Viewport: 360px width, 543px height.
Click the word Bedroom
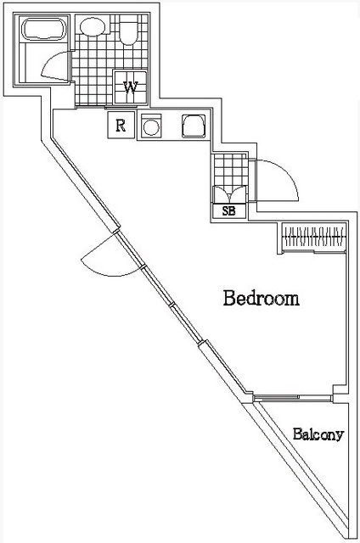pyautogui.click(x=262, y=299)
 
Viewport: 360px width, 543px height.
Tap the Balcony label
pyautogui.click(x=318, y=435)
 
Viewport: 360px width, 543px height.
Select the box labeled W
pyautogui.click(x=132, y=87)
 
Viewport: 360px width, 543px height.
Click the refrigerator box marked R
pyautogui.click(x=121, y=126)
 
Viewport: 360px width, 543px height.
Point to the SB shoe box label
pyautogui.click(x=228, y=211)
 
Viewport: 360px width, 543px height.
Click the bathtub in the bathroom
pyautogui.click(x=42, y=31)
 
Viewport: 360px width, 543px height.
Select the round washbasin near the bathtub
pyautogui.click(x=88, y=28)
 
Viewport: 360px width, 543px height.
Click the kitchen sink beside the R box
pyautogui.click(x=152, y=127)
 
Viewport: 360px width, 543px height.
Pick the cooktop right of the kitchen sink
pyautogui.click(x=193, y=126)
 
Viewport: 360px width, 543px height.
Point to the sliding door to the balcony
pyautogui.click(x=293, y=396)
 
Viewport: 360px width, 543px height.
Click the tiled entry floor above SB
pyautogui.click(x=228, y=174)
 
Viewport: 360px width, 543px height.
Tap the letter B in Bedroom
pyautogui.click(x=229, y=299)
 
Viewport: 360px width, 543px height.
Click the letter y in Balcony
pyautogui.click(x=339, y=437)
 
